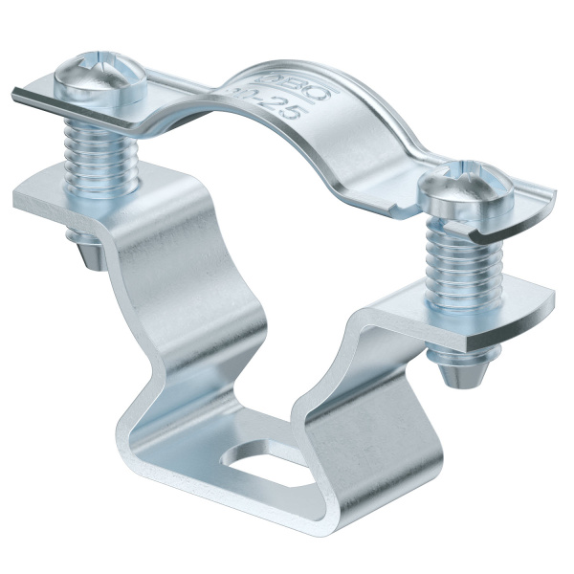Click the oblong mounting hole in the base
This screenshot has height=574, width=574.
pyautogui.click(x=256, y=468)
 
